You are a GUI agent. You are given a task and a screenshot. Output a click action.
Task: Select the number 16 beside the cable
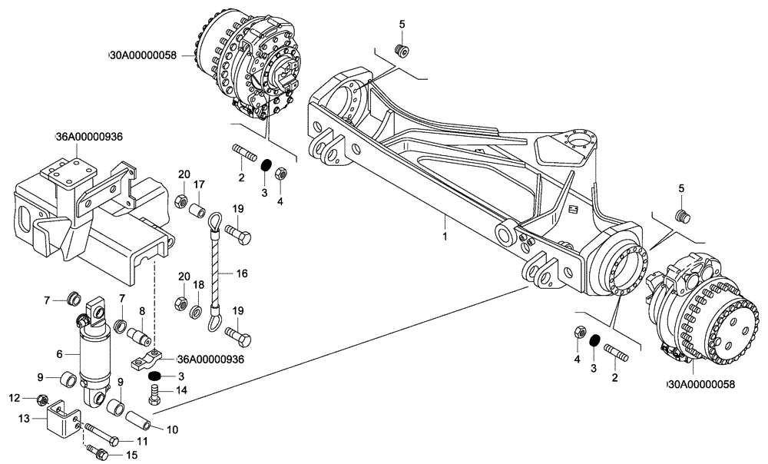tap(241, 272)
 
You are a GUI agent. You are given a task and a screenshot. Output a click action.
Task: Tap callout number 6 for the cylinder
tap(59, 354)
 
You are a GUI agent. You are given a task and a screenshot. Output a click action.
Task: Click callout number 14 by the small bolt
tap(182, 390)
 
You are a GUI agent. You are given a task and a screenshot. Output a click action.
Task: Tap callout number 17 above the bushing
tap(198, 184)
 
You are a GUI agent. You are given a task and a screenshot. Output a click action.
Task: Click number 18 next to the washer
tap(197, 284)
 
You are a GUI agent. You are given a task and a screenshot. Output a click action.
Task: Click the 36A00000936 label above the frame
tap(90, 137)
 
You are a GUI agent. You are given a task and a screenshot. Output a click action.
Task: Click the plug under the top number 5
tap(399, 52)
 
